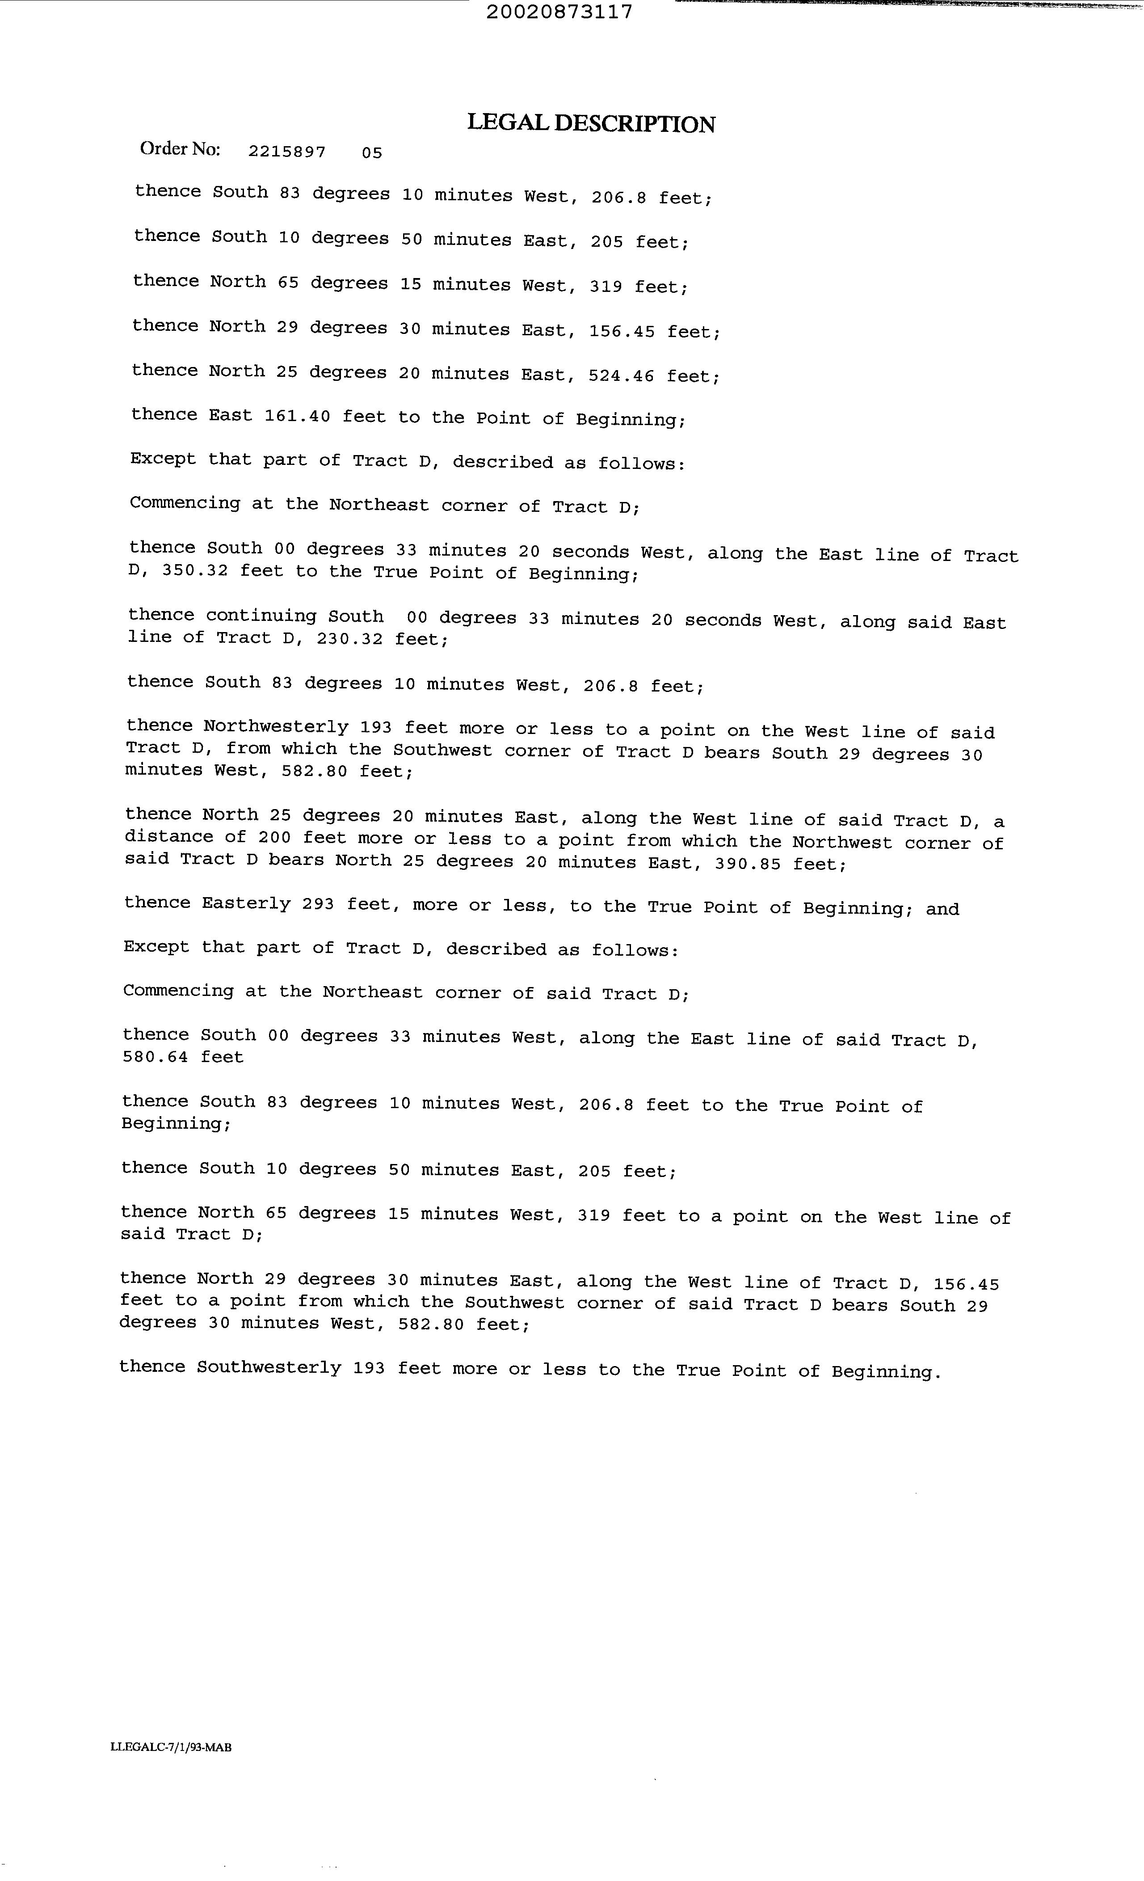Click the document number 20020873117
click(559, 12)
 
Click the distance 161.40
click(297, 416)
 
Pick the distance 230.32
click(349, 638)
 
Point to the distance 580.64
click(155, 1057)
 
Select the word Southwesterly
click(269, 1367)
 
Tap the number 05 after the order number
click(372, 153)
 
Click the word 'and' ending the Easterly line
click(942, 908)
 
